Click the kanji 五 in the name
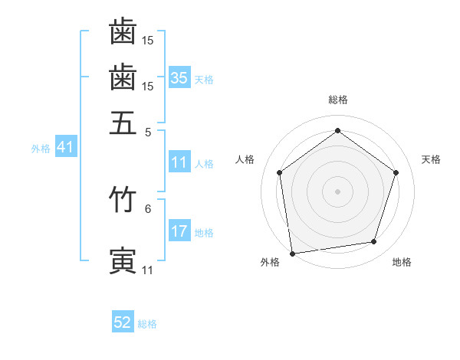[123, 122]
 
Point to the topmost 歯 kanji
[123, 31]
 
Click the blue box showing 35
[179, 77]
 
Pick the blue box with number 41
[64, 147]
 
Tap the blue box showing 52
[123, 322]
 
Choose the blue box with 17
[179, 231]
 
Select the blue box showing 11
[179, 162]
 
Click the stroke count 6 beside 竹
[148, 208]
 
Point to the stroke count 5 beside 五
[148, 131]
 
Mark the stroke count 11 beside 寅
[147, 270]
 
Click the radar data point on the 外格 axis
[292, 252]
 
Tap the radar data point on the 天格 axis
[396, 172]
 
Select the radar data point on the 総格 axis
[337, 130]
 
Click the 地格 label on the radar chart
[402, 262]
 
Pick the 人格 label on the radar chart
[245, 159]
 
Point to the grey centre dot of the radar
[337, 191]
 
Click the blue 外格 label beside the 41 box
[41, 149]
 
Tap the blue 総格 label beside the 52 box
[147, 324]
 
